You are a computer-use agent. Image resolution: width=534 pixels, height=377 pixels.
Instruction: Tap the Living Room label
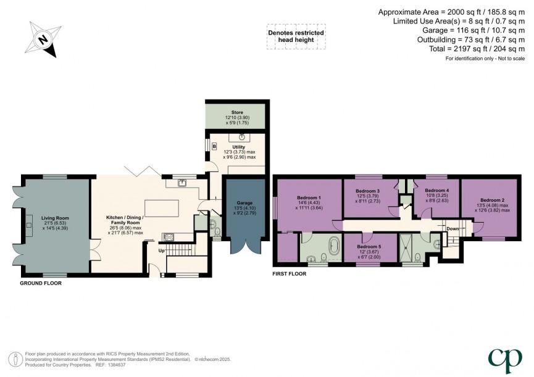55,218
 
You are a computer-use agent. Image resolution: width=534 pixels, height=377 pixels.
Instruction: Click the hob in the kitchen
168,237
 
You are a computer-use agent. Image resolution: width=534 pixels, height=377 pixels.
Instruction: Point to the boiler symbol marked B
214,147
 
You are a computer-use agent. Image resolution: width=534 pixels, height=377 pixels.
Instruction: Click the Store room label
238,113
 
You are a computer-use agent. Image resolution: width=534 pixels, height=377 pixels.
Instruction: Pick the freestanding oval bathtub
334,245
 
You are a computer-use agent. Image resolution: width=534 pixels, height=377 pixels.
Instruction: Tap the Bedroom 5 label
369,246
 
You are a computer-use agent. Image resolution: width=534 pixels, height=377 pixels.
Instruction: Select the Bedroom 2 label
493,200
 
